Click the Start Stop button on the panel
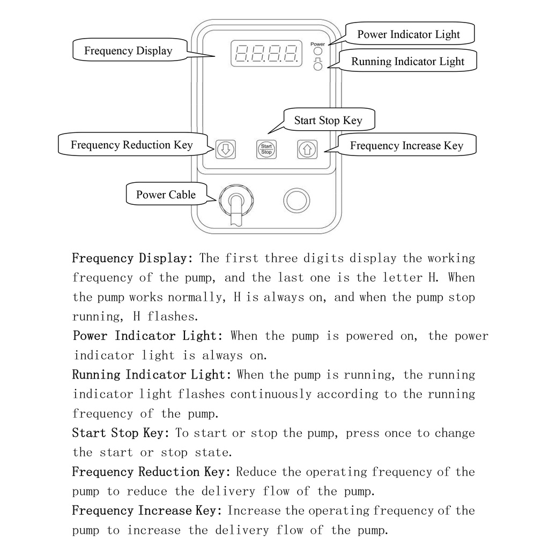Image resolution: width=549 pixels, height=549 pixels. (x=266, y=150)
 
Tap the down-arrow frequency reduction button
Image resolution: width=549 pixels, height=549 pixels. (x=225, y=149)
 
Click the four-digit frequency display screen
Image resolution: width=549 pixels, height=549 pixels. (x=265, y=54)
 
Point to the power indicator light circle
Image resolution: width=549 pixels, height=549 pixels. (x=318, y=53)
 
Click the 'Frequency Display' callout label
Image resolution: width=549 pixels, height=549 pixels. (x=128, y=51)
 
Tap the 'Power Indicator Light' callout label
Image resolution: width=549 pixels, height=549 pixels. (x=409, y=35)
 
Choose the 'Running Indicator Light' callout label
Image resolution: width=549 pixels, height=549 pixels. (x=407, y=61)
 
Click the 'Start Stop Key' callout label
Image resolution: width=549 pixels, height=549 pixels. (x=328, y=120)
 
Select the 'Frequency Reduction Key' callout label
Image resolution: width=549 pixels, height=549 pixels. (x=131, y=145)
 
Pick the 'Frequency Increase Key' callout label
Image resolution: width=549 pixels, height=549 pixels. (x=406, y=145)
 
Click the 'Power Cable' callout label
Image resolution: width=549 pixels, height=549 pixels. (x=166, y=194)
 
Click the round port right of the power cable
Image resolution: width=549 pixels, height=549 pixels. (x=296, y=200)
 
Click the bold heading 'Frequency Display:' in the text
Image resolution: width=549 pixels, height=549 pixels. (x=132, y=258)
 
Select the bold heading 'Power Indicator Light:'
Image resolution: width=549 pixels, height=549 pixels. (x=147, y=336)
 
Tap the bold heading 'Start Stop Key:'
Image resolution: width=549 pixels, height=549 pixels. (x=121, y=433)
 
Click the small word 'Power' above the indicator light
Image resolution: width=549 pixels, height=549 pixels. (x=317, y=43)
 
